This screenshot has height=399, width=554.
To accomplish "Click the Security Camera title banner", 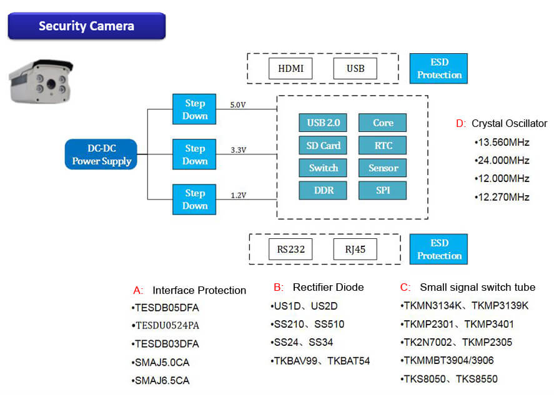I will pos(86,26).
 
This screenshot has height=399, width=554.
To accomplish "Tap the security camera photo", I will pos(41,81).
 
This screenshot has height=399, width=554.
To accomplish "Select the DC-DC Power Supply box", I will pos(101,154).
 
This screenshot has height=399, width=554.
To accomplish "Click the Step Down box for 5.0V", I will pos(194,109).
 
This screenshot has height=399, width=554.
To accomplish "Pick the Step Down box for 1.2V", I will pos(194,199).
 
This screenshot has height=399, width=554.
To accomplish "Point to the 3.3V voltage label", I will pos(237,151).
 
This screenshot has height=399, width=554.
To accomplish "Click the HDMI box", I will pos(290,68).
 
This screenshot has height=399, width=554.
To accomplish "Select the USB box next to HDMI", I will pos(355,68).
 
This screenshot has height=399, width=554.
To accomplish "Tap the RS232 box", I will pos(290,250).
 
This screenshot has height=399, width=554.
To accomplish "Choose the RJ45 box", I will pos(355,250).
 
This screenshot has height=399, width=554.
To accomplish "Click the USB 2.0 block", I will pos(323,123).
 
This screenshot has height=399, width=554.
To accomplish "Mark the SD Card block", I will pos(323,146).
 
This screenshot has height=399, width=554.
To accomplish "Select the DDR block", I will pos(323,190).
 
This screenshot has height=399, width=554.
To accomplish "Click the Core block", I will pos(382,123).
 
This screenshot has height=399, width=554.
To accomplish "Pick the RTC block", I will pos(382,146).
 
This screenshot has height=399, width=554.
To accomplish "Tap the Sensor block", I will pos(382,168).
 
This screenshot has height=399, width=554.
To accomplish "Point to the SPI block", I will pos(382,190).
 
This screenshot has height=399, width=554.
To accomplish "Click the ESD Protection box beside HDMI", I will pos(439,69).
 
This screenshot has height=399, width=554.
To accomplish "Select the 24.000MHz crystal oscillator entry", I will pos(503,160).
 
